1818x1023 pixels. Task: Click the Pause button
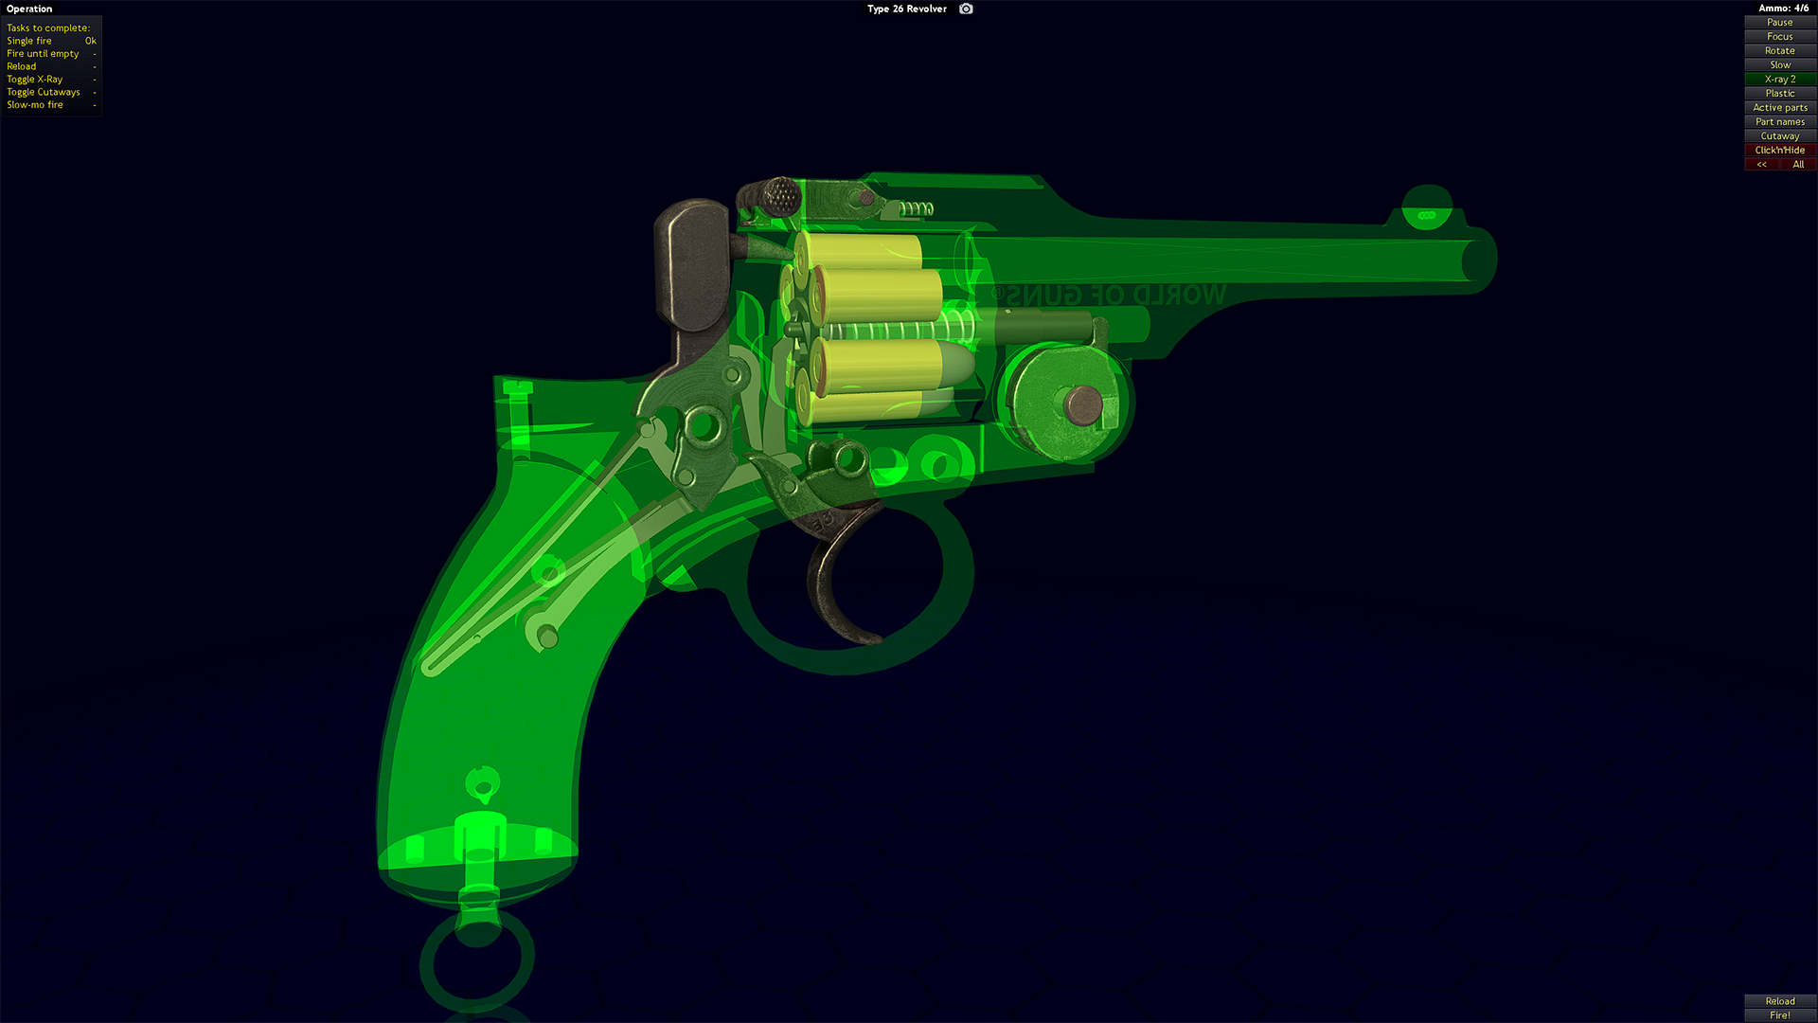click(x=1779, y=22)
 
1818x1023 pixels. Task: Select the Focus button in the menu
click(x=1779, y=36)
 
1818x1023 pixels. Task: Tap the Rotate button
click(x=1779, y=50)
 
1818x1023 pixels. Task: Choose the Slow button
click(x=1779, y=64)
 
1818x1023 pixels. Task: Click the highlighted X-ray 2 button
click(x=1779, y=79)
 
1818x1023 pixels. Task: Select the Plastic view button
click(x=1779, y=93)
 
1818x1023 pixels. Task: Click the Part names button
click(x=1779, y=121)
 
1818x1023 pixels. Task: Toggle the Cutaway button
click(x=1779, y=135)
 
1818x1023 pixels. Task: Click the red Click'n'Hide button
click(x=1779, y=150)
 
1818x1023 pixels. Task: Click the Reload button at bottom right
click(x=1779, y=1001)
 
